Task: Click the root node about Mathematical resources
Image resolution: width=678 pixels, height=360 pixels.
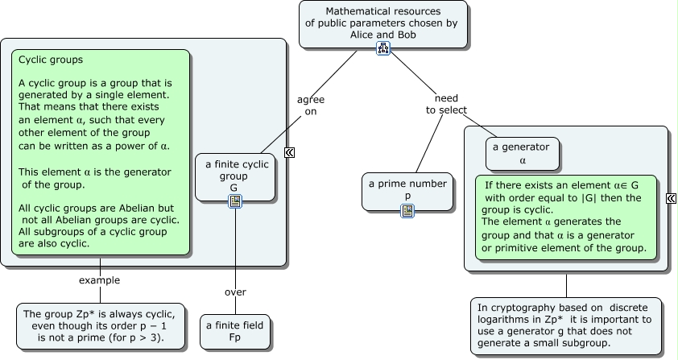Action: coord(383,23)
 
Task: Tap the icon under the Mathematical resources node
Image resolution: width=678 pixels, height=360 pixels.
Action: coord(383,50)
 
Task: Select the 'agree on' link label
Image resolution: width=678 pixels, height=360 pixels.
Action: coord(311,106)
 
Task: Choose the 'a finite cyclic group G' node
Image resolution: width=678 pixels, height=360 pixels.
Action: coord(234,176)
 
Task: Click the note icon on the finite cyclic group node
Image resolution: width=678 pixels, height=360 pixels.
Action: coord(235,201)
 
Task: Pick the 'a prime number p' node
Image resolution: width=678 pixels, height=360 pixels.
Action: coord(407,189)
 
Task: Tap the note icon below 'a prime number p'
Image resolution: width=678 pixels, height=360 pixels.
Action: coord(407,211)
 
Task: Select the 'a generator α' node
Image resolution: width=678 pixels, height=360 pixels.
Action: coord(523,153)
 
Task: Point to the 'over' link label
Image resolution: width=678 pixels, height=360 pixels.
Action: coord(235,292)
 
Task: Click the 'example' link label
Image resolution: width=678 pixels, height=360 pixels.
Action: coord(100,280)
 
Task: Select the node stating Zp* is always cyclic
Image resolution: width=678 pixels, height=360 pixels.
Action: coord(101,326)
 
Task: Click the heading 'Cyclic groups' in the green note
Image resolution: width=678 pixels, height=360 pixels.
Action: coord(51,60)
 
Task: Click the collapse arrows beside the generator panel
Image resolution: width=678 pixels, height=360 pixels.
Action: coord(672,198)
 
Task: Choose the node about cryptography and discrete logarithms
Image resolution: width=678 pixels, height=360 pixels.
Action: coord(566,325)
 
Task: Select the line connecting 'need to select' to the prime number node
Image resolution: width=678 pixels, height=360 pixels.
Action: coord(429,143)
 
